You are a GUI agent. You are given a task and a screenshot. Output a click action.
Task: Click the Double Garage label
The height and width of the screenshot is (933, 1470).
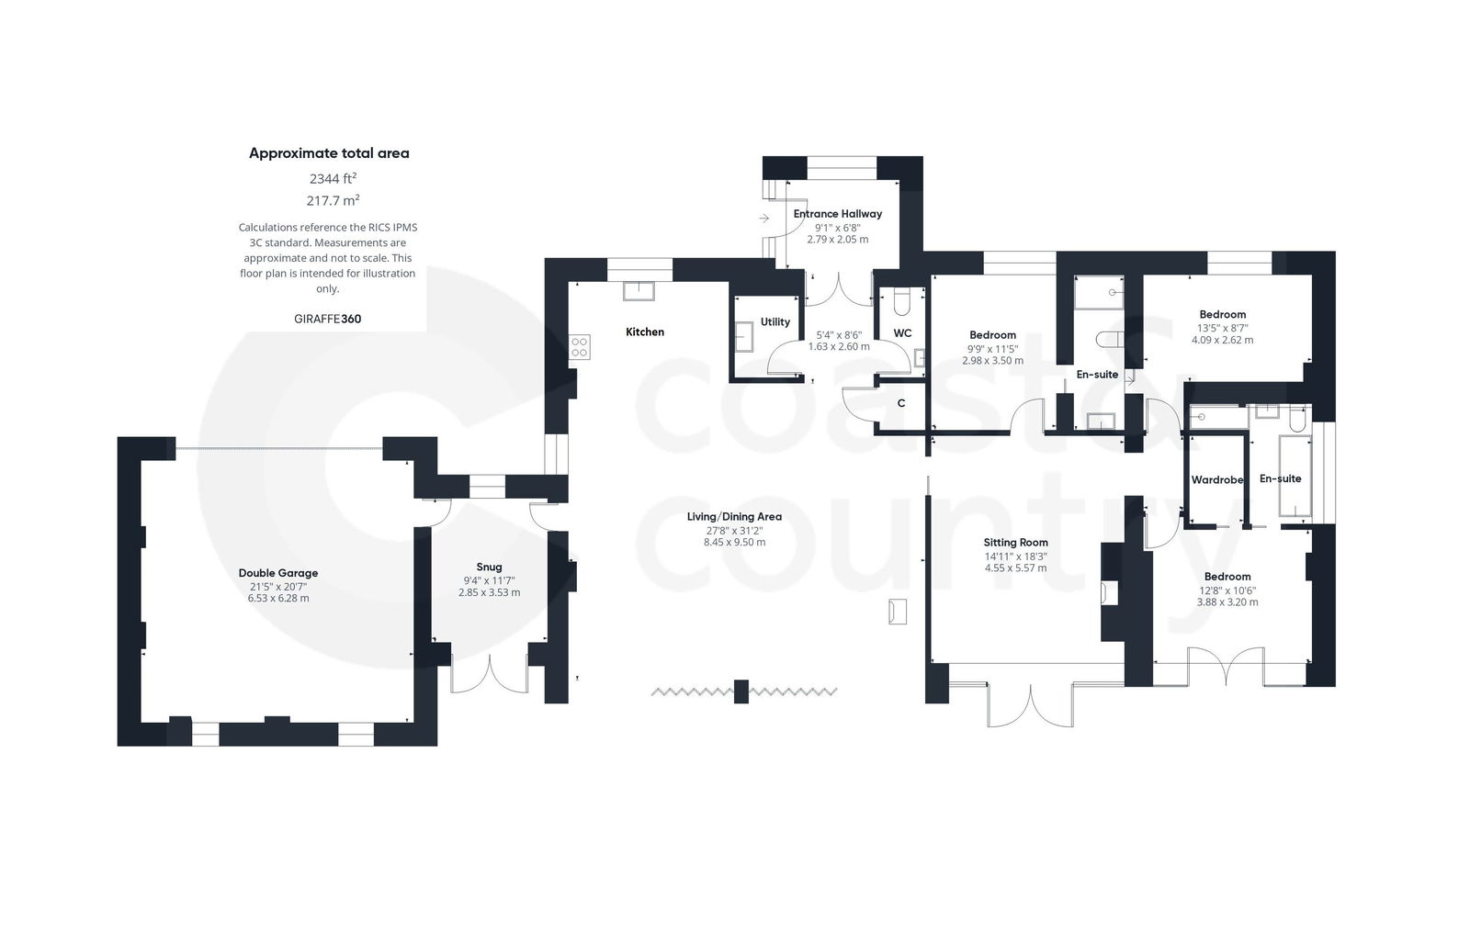point(277,573)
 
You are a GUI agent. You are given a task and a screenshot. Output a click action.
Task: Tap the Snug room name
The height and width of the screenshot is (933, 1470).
point(489,567)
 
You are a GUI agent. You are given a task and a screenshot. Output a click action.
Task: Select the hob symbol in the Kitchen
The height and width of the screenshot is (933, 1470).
point(580,347)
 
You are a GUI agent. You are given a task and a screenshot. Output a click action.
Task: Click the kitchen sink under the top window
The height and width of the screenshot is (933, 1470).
point(638,291)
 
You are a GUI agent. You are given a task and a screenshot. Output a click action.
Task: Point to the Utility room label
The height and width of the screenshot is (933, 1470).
point(775,322)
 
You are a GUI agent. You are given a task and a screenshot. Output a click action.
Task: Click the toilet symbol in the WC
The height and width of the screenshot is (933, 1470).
point(901,302)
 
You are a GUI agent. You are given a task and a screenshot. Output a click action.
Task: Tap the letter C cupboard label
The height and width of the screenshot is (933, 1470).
point(901,403)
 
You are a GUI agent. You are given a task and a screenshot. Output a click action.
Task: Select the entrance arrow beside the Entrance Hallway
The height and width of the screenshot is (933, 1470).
point(765,219)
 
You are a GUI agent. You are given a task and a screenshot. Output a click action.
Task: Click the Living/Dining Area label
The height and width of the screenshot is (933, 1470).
point(734,517)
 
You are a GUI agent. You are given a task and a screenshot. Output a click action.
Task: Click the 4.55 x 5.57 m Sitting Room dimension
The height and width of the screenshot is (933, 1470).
point(1015,568)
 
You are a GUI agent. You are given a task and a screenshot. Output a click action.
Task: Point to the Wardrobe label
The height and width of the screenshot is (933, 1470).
point(1216,480)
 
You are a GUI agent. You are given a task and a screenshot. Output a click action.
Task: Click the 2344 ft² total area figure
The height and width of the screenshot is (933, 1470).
point(332,178)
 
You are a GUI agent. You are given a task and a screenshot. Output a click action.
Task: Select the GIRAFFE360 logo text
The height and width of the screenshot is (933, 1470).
point(328,319)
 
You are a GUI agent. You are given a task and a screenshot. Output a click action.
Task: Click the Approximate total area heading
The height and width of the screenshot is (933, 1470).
point(329,153)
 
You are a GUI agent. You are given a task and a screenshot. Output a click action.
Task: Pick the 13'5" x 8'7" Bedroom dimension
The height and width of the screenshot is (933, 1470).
point(1222,327)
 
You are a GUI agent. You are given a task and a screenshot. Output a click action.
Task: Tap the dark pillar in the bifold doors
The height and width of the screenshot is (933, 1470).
point(741,691)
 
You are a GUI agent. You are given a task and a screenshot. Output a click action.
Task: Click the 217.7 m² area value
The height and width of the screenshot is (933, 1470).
point(332,200)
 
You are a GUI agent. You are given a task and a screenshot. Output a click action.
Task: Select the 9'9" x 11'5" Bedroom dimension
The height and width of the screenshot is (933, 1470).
point(992,348)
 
